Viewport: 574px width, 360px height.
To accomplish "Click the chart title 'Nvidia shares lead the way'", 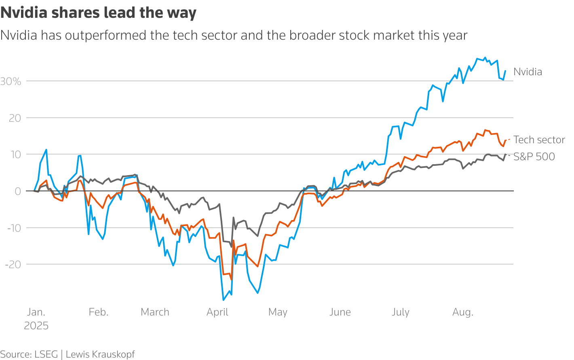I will [x=98, y=13].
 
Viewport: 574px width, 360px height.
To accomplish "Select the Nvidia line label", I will [x=528, y=72].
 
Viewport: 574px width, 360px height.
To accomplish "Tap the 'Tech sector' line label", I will [x=539, y=140].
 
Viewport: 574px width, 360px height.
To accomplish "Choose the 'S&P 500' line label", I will [x=534, y=157].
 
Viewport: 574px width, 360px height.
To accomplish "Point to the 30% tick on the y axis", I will [x=11, y=82].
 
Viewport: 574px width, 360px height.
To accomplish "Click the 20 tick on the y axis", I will [x=15, y=118].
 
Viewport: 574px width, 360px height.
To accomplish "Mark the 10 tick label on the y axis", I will [x=15, y=155].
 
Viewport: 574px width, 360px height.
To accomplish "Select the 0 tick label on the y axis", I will [x=18, y=191].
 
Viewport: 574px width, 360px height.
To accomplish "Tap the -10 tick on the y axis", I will [x=14, y=228].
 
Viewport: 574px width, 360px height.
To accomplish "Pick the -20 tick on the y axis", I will [x=13, y=264].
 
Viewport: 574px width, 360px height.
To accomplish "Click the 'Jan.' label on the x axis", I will [x=36, y=312].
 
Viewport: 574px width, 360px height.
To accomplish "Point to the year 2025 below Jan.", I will [x=36, y=326].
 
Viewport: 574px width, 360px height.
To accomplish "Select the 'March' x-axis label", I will [x=155, y=312].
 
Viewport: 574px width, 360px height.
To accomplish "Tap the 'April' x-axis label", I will [x=217, y=312].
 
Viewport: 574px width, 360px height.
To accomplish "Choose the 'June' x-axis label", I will [x=340, y=312].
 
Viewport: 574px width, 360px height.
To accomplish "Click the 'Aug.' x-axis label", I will [x=463, y=312].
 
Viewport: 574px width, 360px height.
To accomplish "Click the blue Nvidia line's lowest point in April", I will [x=224, y=300].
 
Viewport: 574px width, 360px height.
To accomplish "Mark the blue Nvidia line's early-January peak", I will [x=46, y=150].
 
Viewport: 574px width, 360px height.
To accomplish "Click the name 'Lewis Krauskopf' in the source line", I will [x=100, y=354].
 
